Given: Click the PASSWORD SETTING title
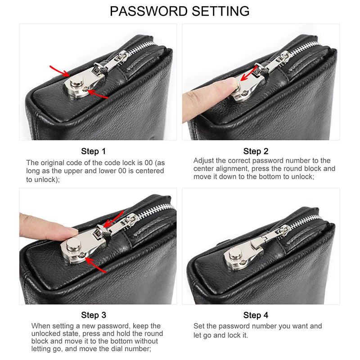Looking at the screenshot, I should pyautogui.click(x=180, y=11).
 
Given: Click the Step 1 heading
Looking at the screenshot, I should pyautogui.click(x=93, y=151).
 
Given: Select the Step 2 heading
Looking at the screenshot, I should pyautogui.click(x=256, y=151).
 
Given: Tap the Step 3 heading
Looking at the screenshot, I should pyautogui.click(x=93, y=315).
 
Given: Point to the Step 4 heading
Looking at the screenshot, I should pyautogui.click(x=256, y=315).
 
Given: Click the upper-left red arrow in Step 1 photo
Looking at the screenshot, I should pyautogui.click(x=59, y=70).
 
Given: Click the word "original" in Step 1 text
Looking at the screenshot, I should pyautogui.click(x=56, y=163).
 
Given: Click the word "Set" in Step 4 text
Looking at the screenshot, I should pyautogui.click(x=199, y=326).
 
